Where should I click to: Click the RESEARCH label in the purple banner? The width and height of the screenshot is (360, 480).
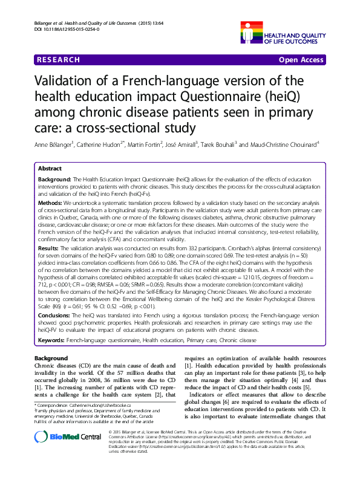click(57, 60)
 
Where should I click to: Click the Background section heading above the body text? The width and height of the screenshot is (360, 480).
click(51, 358)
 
